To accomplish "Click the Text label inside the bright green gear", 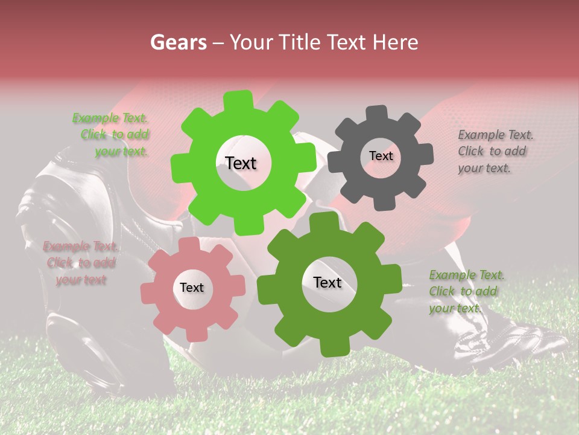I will coord(241,163).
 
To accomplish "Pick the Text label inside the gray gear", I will coord(381,156).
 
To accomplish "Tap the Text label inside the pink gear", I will coord(192,288).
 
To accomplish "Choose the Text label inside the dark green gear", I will coord(327,283).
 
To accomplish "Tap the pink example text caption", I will coord(80,263).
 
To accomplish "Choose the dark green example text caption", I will coord(464,291).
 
